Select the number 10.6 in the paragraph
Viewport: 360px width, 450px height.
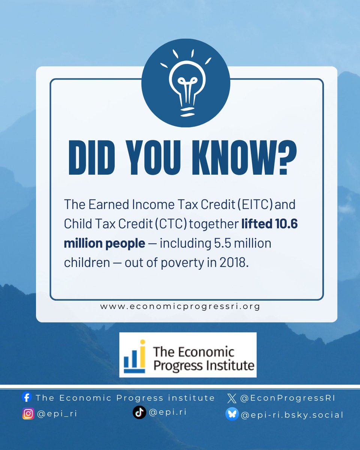[x=286, y=224]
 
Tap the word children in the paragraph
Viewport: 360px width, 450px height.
[x=87, y=263]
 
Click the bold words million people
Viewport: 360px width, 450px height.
[x=104, y=243]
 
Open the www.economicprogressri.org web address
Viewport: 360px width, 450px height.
[x=180, y=306]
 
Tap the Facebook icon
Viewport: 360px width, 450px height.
[x=27, y=397]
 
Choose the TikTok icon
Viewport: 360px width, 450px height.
[x=139, y=412]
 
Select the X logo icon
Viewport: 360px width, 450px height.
[x=232, y=398]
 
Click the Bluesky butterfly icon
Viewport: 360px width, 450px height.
[x=232, y=414]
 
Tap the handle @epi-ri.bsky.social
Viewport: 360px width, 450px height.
[x=292, y=415]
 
